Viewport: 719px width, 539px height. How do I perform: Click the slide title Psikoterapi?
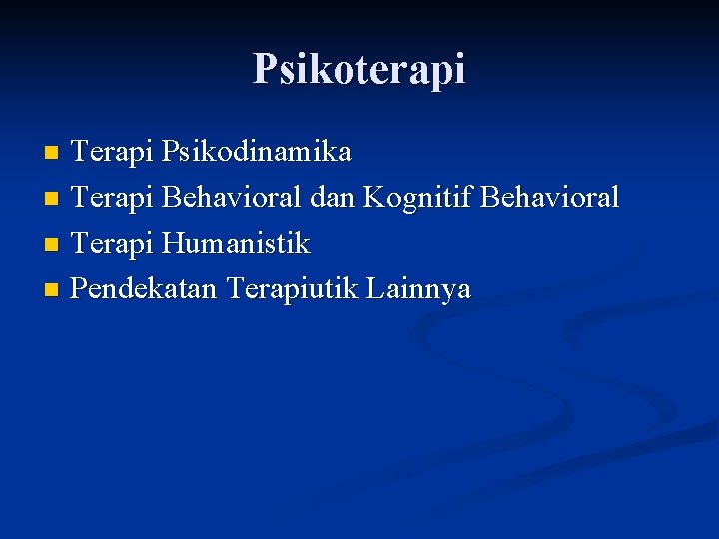point(359,69)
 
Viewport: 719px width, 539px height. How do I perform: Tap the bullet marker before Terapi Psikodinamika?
point(53,154)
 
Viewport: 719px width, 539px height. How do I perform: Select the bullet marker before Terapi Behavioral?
point(53,200)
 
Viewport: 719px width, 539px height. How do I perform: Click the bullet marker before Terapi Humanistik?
point(53,245)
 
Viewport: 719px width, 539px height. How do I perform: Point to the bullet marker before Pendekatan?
point(53,290)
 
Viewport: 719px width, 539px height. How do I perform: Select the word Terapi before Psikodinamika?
point(112,152)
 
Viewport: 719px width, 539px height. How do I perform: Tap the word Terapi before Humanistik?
point(112,243)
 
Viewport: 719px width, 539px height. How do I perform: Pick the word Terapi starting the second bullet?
point(112,198)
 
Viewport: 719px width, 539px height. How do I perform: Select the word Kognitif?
point(417,198)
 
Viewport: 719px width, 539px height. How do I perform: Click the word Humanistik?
point(236,243)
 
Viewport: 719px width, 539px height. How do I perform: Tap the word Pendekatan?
point(146,288)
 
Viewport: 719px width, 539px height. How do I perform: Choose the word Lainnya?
point(418,289)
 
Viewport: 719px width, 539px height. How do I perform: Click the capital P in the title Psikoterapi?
point(265,68)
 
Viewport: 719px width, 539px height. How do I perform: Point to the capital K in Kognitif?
point(372,197)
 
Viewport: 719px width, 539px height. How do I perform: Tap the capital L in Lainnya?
point(374,288)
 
